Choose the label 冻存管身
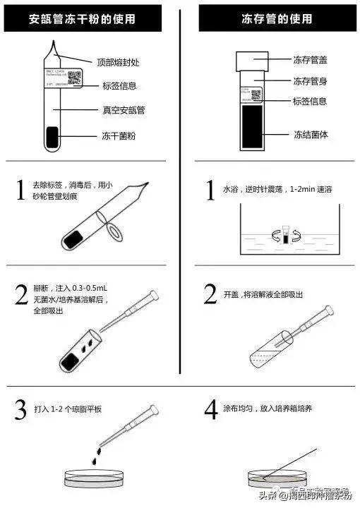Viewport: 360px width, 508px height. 310,81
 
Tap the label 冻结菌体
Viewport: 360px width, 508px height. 310,134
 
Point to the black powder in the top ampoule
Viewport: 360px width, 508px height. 52,138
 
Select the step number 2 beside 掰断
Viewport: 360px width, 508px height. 22,295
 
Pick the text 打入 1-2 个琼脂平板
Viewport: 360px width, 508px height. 68,409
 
